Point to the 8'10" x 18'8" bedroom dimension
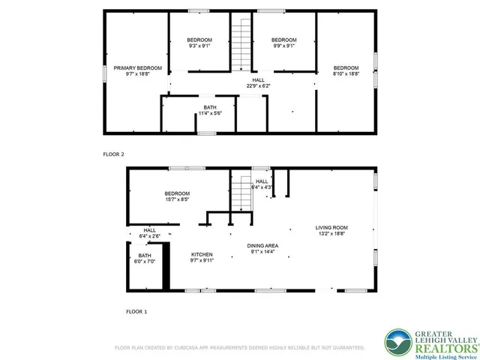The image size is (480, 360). [x=346, y=73]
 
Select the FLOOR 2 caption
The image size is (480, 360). [x=113, y=154]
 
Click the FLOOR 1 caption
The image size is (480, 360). [x=136, y=310]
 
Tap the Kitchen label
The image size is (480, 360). [x=202, y=257]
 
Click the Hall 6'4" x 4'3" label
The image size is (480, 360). [x=262, y=184]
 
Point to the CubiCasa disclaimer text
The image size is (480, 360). [x=239, y=348]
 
